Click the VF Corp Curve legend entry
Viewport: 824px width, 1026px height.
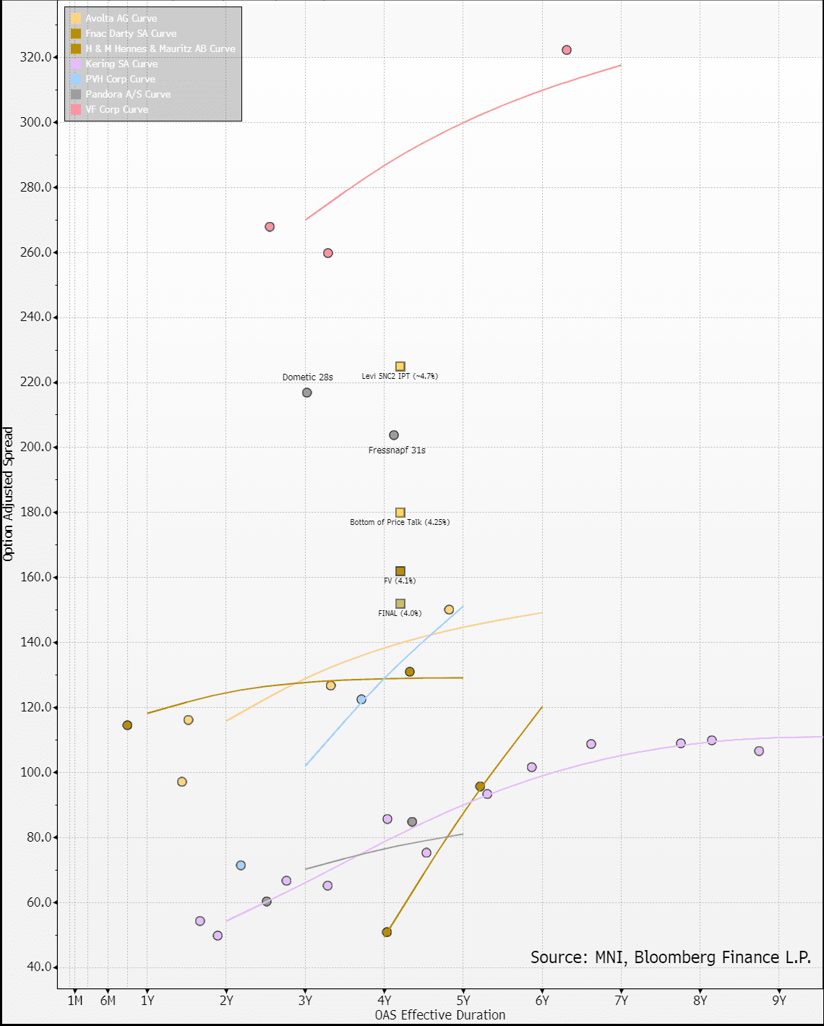coord(116,109)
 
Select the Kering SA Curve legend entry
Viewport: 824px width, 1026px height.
coord(121,64)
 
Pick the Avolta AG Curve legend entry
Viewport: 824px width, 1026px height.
coord(121,18)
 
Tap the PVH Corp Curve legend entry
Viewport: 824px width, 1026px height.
coord(120,79)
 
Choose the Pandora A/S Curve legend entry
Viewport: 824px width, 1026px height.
coord(128,94)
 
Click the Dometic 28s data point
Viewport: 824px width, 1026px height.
coord(306,393)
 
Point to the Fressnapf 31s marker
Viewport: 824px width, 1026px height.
coord(394,435)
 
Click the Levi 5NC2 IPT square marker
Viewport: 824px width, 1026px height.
coord(400,367)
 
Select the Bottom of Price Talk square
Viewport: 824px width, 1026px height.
coord(400,513)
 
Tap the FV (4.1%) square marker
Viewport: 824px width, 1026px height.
coord(400,571)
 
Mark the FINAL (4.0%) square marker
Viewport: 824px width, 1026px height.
coord(400,604)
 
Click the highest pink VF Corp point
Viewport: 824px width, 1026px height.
coord(567,50)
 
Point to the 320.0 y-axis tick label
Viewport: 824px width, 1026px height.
coord(36,57)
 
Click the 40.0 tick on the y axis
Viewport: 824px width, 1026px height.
coord(39,967)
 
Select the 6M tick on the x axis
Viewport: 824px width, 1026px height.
coord(108,1001)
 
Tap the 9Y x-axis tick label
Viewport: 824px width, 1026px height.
coord(778,1001)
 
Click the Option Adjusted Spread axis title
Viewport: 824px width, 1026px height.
coord(9,494)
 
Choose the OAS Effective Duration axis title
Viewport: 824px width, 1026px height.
coord(440,1015)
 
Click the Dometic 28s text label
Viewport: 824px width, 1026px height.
coord(307,377)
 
